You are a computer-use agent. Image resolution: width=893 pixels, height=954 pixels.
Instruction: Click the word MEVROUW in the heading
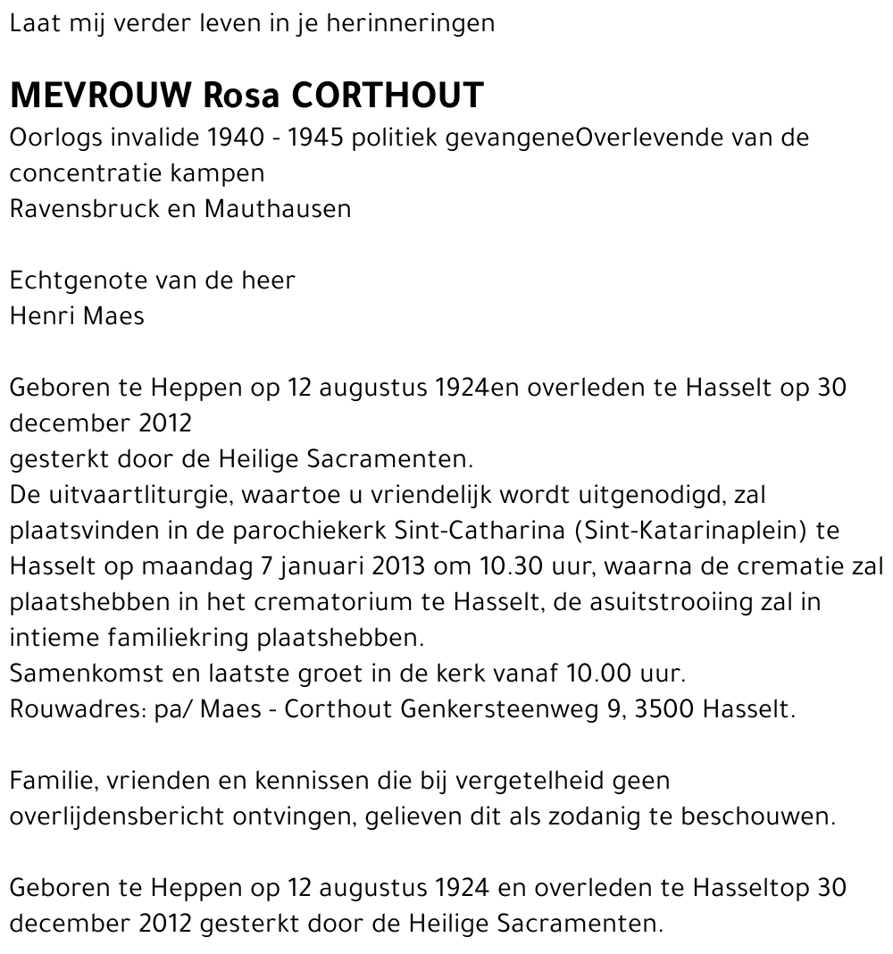pos(101,95)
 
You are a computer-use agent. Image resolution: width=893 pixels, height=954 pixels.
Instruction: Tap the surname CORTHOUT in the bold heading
pos(388,95)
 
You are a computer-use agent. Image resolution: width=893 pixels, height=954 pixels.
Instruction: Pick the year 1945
pos(319,138)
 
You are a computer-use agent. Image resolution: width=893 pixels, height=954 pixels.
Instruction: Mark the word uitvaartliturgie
pos(139,495)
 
